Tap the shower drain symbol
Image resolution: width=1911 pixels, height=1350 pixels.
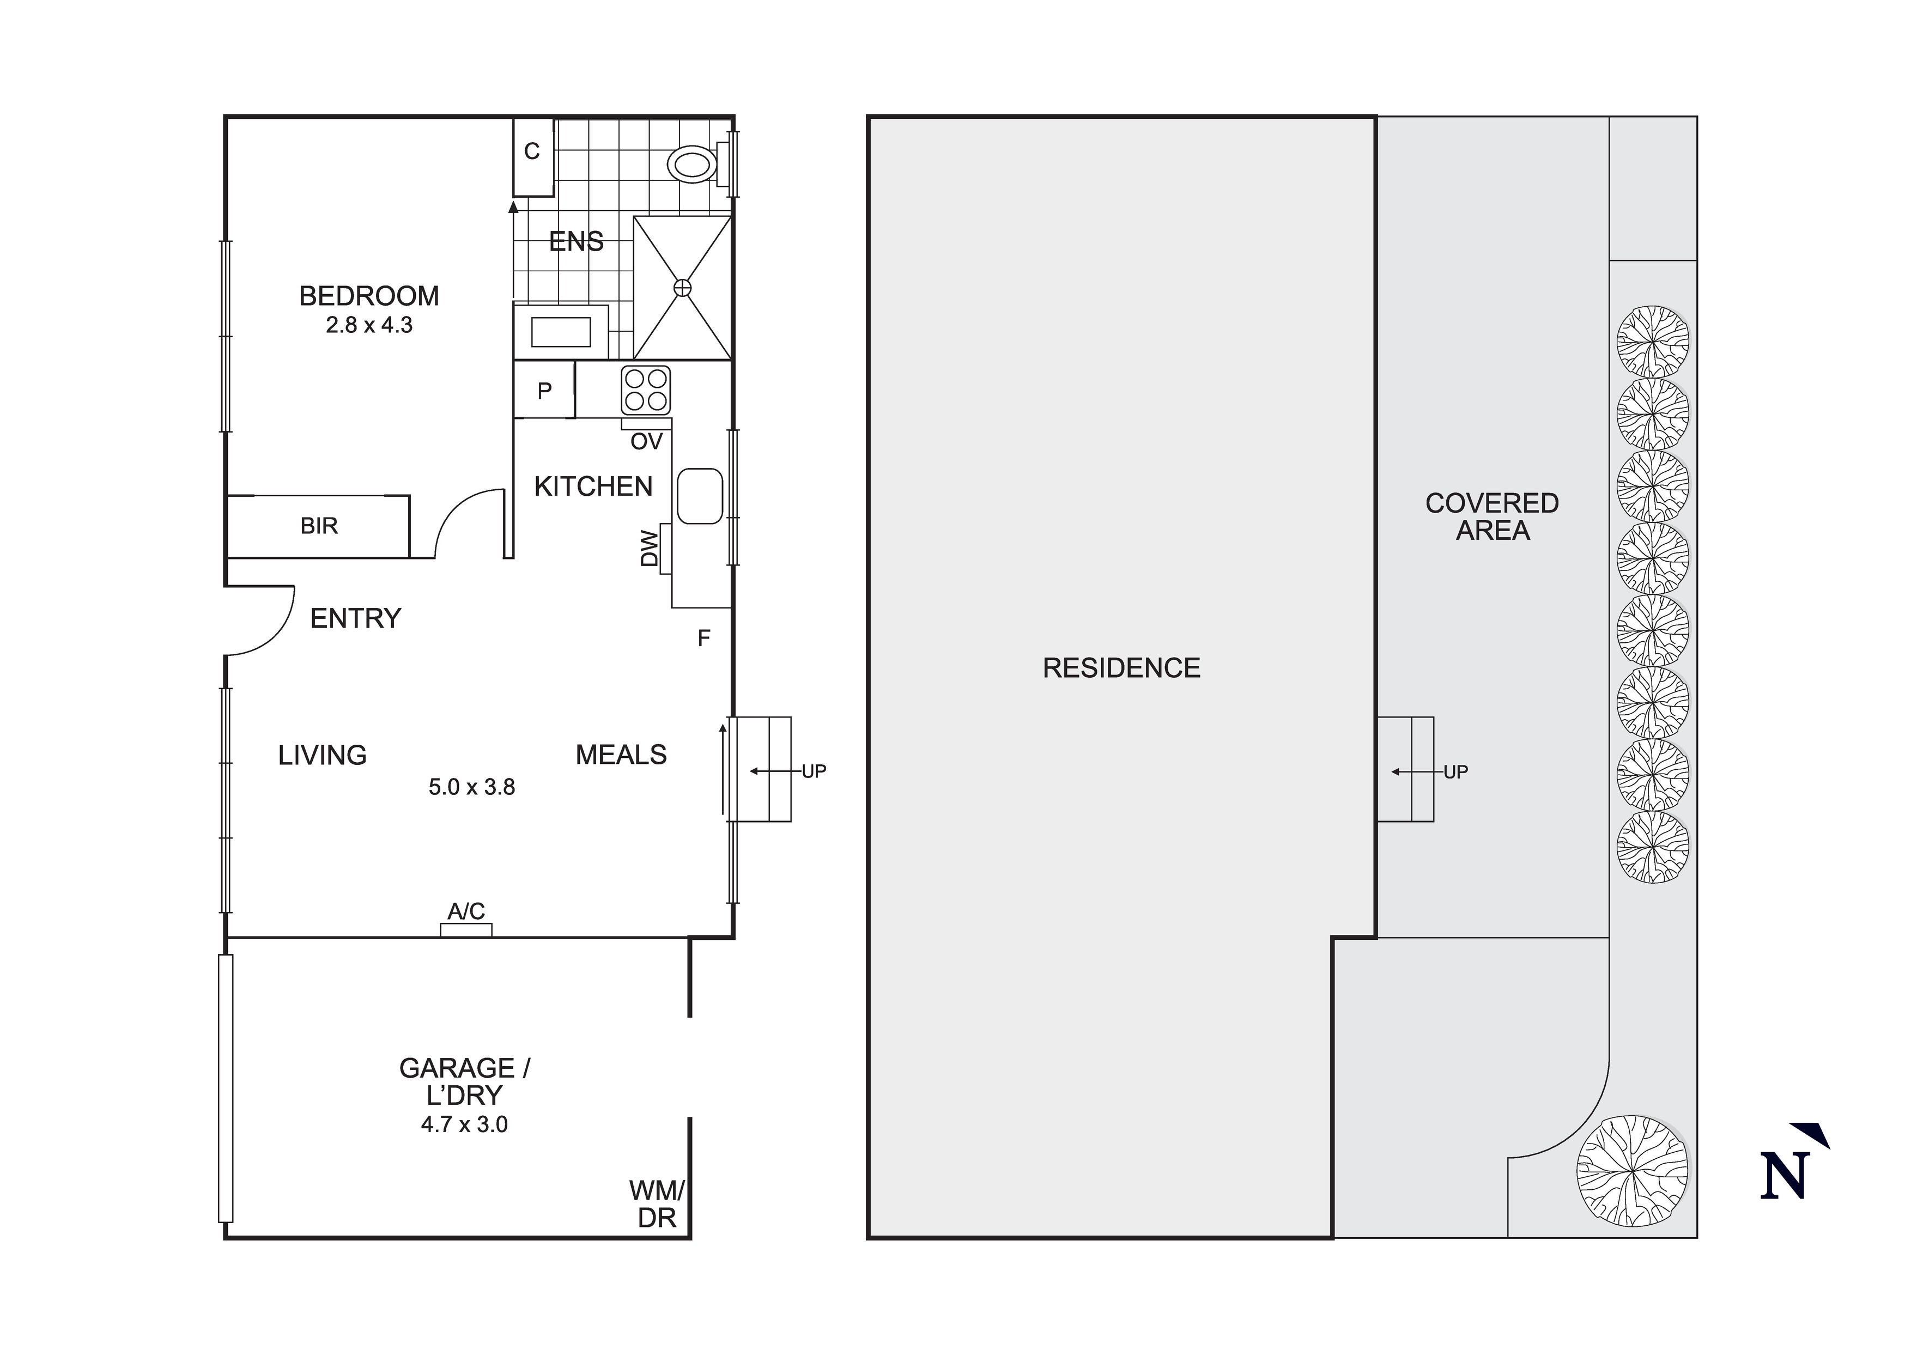coord(682,288)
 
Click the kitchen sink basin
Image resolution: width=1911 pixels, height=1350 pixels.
coord(699,496)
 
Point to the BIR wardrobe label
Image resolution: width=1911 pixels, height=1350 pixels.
coord(319,526)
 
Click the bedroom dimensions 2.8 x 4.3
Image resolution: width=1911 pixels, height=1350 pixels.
coord(369,325)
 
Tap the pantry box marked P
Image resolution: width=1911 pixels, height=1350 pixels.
coord(544,391)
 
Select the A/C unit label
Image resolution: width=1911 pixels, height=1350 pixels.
coord(466,911)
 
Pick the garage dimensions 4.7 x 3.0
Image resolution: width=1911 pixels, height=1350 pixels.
coord(464,1124)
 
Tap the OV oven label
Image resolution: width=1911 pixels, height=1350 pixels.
coord(646,441)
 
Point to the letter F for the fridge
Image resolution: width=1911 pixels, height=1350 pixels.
coord(704,638)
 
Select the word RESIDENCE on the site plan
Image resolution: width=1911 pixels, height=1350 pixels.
coord(1121,667)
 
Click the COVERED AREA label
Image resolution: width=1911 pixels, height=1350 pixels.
coord(1491,517)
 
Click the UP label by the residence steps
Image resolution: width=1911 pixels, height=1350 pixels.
coord(1455,773)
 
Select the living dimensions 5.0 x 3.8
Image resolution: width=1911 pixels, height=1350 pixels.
coord(471,787)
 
